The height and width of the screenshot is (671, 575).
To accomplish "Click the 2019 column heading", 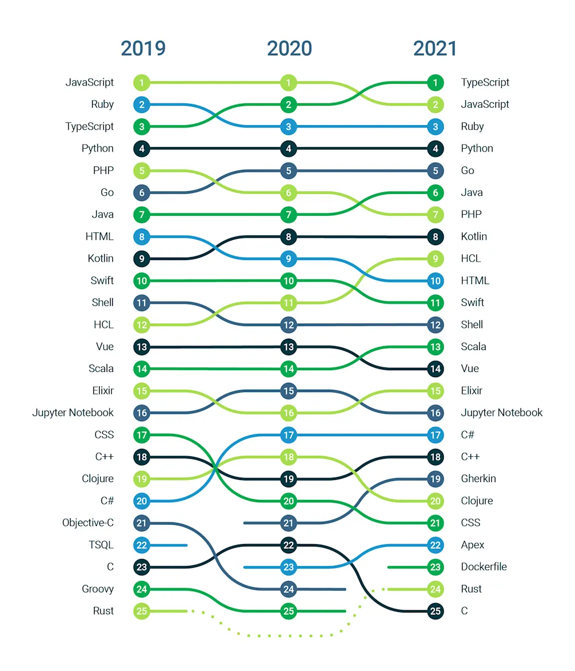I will [143, 49].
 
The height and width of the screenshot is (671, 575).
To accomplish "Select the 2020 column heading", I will [289, 49].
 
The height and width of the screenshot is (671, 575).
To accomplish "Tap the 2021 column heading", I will [435, 49].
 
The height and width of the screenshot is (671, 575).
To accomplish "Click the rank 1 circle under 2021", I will [435, 83].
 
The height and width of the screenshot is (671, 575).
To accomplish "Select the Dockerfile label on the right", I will [484, 567].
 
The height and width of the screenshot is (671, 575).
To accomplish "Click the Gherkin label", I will [478, 479].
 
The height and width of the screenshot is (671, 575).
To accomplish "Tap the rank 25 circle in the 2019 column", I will [142, 611].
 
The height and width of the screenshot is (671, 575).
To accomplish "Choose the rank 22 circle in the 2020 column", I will [289, 545].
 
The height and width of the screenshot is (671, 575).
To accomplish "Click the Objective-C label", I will [88, 523].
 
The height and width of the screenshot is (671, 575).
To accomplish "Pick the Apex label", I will [472, 545].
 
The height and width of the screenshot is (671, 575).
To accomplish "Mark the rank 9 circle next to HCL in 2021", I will [435, 259].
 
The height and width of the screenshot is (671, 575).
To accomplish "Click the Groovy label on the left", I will [97, 589].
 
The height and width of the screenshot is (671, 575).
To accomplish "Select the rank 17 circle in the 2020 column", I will [289, 435].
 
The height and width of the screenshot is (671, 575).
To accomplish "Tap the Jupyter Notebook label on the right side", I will [501, 413].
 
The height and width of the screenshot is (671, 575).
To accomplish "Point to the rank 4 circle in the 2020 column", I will [289, 149].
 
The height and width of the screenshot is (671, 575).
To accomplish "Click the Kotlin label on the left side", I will [100, 259].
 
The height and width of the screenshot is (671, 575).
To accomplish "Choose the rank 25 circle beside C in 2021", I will [435, 611].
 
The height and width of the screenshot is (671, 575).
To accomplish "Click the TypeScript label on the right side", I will [485, 83].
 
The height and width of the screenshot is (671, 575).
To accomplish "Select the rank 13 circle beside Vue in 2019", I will [142, 347].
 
